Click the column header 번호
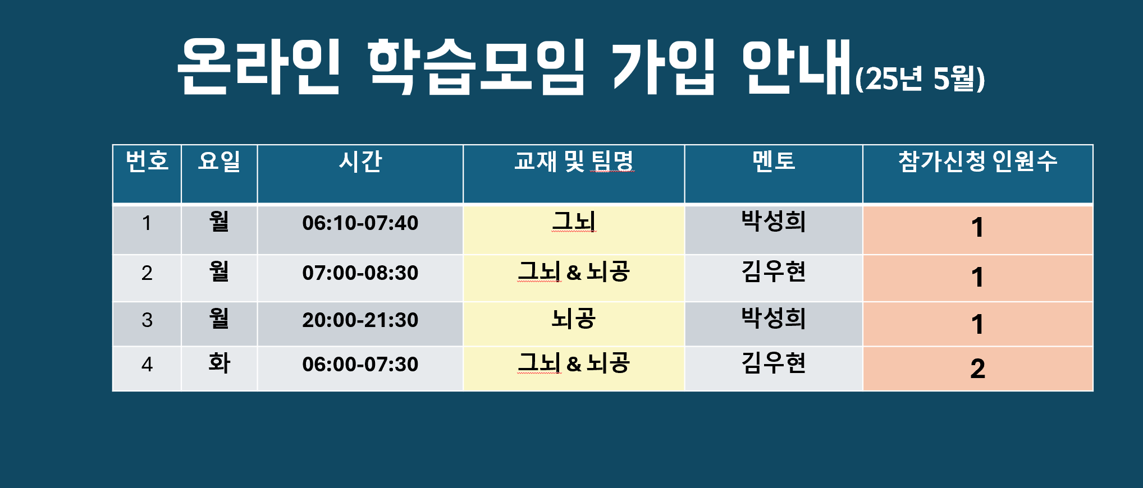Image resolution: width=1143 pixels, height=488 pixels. [147, 161]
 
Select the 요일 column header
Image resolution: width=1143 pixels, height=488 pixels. [219, 161]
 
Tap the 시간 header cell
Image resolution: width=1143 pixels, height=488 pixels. [360, 161]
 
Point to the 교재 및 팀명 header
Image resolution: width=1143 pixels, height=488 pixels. [574, 161]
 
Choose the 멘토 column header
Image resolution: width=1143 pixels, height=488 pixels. [774, 161]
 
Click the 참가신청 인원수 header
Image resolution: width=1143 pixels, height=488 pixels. [978, 161]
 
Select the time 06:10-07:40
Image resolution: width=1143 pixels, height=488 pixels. [360, 223]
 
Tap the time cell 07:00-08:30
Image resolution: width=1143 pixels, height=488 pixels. [360, 273]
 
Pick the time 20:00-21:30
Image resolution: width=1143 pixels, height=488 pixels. [360, 320]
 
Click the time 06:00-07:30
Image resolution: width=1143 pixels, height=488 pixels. [360, 365]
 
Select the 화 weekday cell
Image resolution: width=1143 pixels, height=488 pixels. [219, 363]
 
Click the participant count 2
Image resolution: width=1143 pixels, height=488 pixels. [978, 369]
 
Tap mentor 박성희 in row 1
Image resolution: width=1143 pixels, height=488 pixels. [774, 221]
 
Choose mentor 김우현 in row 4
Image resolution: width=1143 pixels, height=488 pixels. [774, 363]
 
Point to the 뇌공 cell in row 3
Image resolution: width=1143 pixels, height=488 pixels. [574, 319]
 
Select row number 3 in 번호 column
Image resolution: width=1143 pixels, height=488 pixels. [147, 320]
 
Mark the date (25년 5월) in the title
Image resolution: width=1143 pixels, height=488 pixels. [920, 79]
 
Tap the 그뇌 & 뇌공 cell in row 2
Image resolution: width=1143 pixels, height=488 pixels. [574, 271]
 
